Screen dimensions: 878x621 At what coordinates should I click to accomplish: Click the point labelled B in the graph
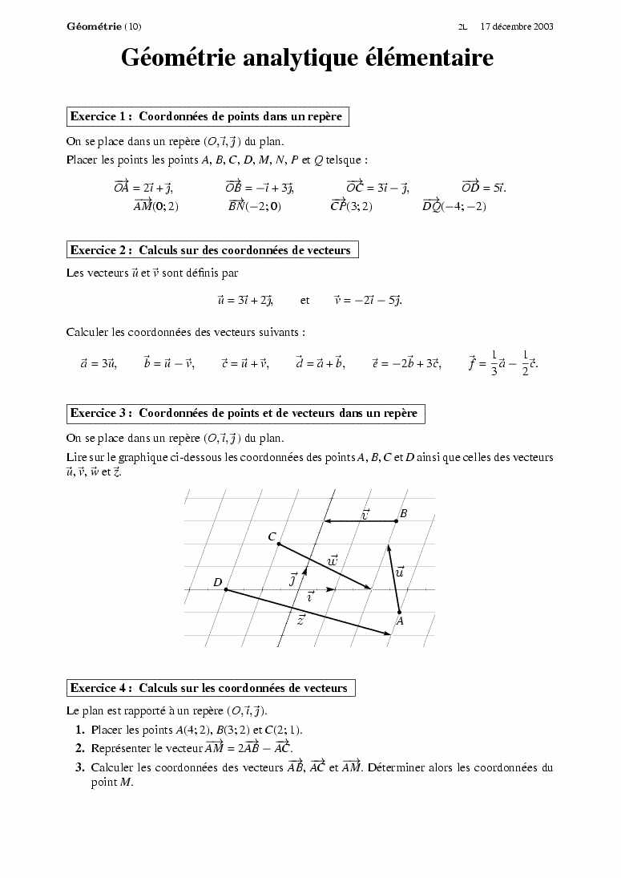click(x=397, y=521)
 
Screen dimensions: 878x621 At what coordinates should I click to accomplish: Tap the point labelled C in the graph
click(x=278, y=544)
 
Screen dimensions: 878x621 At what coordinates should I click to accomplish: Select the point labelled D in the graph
click(x=225, y=590)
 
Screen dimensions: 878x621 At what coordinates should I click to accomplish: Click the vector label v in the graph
click(x=365, y=514)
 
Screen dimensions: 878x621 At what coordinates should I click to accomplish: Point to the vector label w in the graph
click(x=333, y=560)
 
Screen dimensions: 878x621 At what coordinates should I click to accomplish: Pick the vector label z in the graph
click(x=300, y=620)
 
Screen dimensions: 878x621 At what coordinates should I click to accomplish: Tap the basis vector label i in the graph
click(x=310, y=597)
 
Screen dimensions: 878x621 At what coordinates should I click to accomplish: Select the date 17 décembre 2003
click(x=517, y=26)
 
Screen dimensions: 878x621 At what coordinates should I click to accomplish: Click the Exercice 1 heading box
click(x=207, y=116)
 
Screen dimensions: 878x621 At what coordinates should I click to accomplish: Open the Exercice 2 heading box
click(x=212, y=250)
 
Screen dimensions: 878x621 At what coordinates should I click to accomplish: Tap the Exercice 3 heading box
click(x=244, y=414)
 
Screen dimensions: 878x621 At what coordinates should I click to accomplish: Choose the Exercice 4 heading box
click(x=210, y=688)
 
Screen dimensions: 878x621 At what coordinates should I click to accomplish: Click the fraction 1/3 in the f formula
click(x=494, y=363)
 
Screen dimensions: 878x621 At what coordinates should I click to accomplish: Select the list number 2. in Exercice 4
click(x=80, y=748)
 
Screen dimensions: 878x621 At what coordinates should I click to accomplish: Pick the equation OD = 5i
click(x=483, y=188)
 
